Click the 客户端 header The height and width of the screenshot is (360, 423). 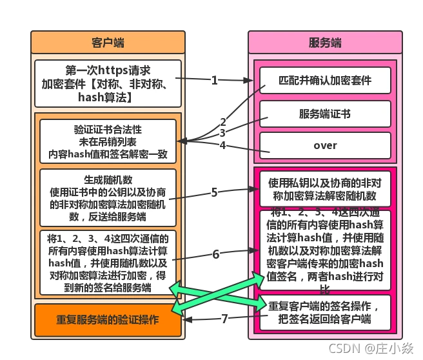pyautogui.click(x=108, y=43)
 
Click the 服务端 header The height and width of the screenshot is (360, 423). pyautogui.click(x=325, y=43)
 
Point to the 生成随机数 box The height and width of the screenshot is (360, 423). pyautogui.click(x=108, y=197)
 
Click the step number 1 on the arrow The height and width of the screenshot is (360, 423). pyautogui.click(x=214, y=81)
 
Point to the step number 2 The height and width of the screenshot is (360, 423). pyautogui.click(x=223, y=121)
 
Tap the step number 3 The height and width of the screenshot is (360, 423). pyautogui.click(x=222, y=133)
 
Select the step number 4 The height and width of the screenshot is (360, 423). pyautogui.click(x=222, y=145)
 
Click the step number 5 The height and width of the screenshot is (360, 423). pyautogui.click(x=214, y=192)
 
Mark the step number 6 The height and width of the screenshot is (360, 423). pyautogui.click(x=216, y=254)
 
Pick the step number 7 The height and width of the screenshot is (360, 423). pyautogui.click(x=224, y=318)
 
